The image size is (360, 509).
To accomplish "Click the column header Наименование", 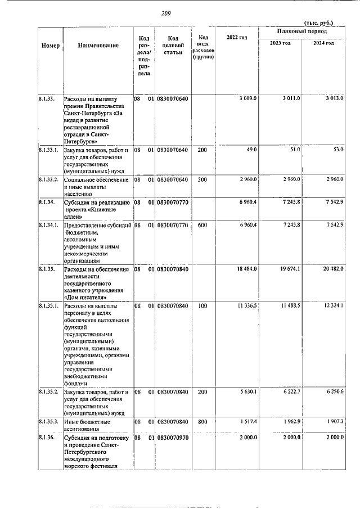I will pyautogui.click(x=98, y=46).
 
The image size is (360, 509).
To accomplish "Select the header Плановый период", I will pyautogui.click(x=302, y=32).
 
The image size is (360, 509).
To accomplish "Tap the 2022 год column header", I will pyautogui.click(x=236, y=37).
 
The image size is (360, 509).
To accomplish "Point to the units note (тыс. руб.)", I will pyautogui.click(x=318, y=22).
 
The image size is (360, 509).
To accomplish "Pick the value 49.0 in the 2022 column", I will pyautogui.click(x=251, y=150).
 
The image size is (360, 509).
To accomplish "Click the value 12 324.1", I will pyautogui.click(x=334, y=305).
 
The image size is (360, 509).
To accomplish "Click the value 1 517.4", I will pyautogui.click(x=247, y=421).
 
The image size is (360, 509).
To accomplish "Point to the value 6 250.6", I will pyautogui.click(x=334, y=391).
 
